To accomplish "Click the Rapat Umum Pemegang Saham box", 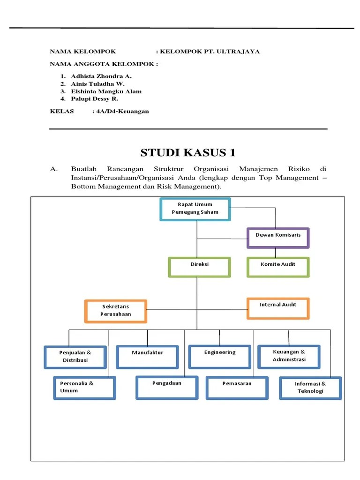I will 195,209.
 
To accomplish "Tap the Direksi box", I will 199,267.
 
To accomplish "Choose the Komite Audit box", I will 278,267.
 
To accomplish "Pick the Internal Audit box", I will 278,308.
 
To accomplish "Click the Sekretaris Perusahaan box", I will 116,311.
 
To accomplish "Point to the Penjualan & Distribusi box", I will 75,357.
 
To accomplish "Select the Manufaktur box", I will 147,357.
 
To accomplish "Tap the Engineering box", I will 220,356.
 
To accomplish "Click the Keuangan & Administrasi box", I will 289,356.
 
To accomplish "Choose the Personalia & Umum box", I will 84,387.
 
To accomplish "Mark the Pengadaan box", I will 167,387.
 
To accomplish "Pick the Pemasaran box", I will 237,387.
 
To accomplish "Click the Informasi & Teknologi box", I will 310,388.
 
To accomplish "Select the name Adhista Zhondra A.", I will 102,76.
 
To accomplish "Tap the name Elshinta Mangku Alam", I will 106,91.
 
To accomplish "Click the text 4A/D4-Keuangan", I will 122,111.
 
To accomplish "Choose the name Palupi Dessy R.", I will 95,99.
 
